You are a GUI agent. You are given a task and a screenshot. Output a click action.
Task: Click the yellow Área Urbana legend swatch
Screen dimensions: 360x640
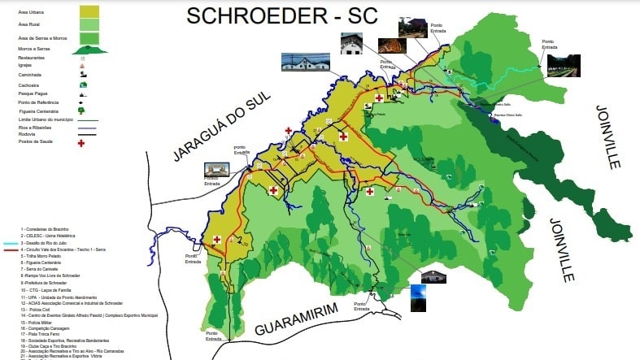tap(89, 12)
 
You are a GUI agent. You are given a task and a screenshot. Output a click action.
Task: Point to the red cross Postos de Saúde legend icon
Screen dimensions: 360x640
tap(81, 143)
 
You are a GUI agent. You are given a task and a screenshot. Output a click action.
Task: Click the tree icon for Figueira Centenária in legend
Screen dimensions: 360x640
tap(81, 111)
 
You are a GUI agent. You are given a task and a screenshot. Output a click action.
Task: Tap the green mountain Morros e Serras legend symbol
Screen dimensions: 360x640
tap(89, 50)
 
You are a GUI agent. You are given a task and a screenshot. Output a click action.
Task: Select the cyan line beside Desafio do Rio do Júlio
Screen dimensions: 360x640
tap(10, 243)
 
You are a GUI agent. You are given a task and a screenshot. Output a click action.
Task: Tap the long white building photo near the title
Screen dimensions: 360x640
tap(305, 62)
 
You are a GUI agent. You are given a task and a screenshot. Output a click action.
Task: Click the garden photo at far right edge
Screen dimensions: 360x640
tap(564, 66)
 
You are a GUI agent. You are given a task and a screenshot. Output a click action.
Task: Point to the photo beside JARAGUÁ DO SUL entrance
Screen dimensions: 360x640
tap(217, 171)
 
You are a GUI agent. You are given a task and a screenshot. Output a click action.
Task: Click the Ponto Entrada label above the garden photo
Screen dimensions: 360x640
tap(548, 44)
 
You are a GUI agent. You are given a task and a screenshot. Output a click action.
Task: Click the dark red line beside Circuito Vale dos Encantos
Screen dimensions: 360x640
tap(10, 249)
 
